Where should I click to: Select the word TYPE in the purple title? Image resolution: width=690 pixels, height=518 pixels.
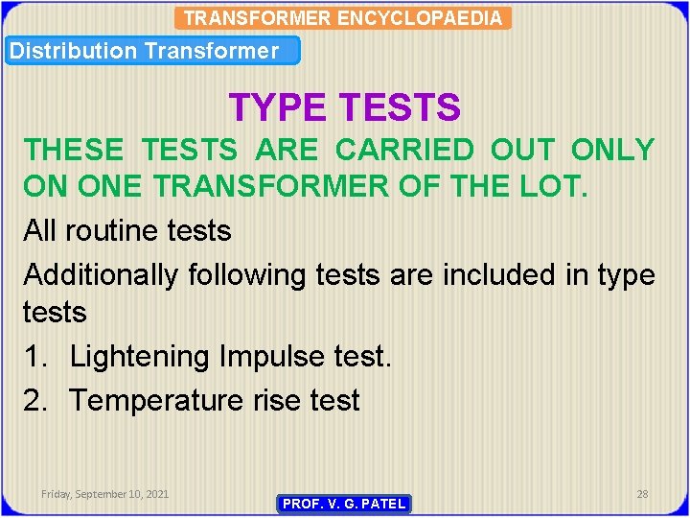278,107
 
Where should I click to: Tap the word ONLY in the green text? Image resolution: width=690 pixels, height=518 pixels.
612,150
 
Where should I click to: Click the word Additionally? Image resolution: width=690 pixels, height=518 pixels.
101,274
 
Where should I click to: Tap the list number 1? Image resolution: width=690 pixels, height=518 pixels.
36,357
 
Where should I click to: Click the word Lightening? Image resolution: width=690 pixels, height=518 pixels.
142,357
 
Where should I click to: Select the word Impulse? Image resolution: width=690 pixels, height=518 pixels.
275,357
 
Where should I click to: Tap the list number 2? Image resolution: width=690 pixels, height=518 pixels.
36,400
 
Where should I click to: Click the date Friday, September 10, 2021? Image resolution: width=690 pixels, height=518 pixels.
105,493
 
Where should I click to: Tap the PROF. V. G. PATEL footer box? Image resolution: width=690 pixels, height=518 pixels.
344,504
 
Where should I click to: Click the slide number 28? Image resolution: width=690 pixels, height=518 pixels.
642,493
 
